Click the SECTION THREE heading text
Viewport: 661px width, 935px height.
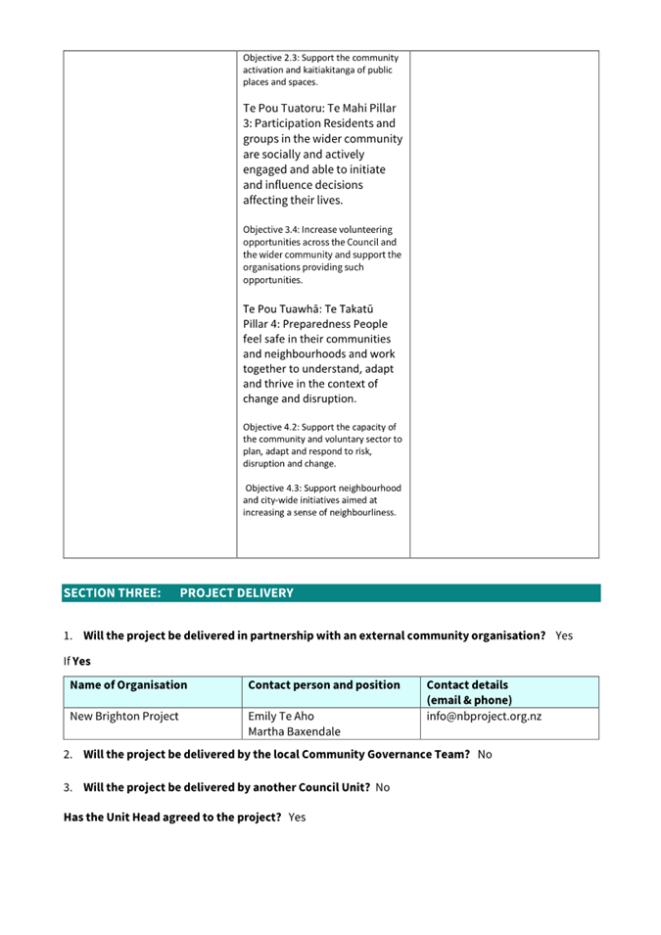[x=112, y=592]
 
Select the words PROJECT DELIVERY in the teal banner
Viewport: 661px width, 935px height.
[x=236, y=592]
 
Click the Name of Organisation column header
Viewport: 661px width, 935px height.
[x=128, y=684]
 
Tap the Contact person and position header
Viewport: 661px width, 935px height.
[x=324, y=684]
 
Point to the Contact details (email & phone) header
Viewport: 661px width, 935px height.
[x=468, y=692]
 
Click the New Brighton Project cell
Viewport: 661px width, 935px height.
[x=124, y=716]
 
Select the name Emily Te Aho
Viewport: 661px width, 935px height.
[x=281, y=716]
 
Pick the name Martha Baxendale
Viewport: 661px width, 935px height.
[x=294, y=730]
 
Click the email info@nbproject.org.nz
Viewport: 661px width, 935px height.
[x=484, y=716]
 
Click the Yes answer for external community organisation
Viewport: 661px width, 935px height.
[x=564, y=635]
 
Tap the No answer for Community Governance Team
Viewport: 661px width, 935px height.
[x=485, y=755]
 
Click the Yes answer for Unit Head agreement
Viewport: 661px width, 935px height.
[x=298, y=817]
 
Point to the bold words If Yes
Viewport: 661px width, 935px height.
[x=76, y=661]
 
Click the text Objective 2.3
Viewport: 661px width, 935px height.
[x=272, y=57]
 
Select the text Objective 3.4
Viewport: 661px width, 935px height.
[x=272, y=230]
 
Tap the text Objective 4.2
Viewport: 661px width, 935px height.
[x=272, y=427]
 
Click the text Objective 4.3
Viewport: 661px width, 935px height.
[x=275, y=488]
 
